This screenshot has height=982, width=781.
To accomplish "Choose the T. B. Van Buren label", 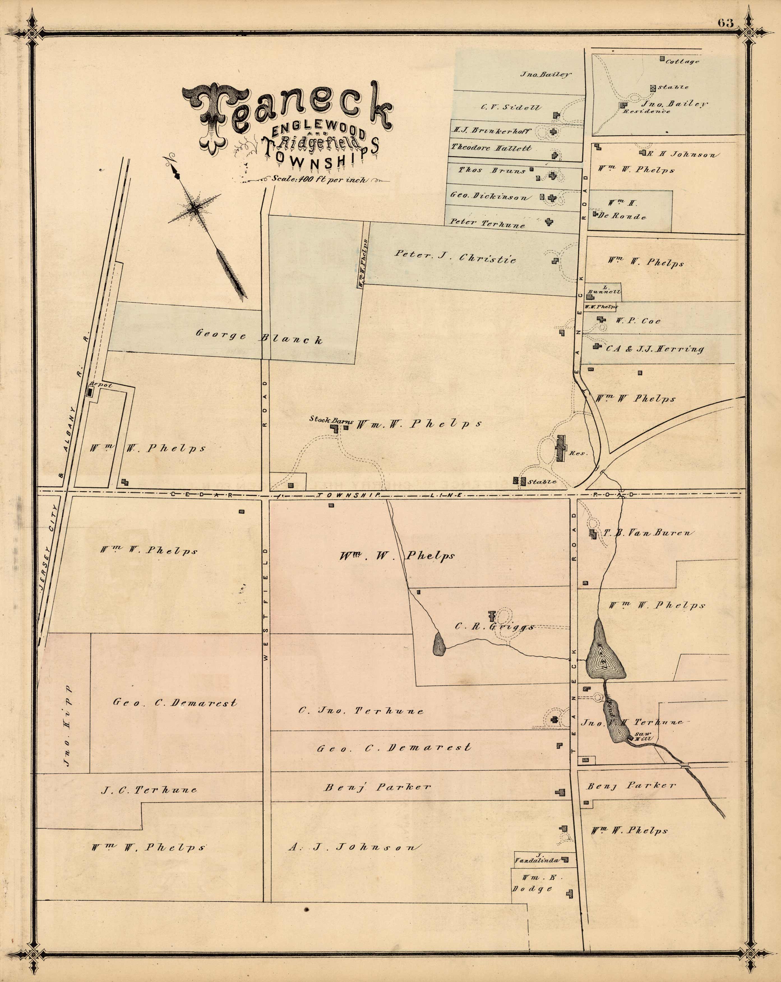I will (x=649, y=533).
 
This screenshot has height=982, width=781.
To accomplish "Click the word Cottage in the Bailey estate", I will (x=682, y=61).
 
